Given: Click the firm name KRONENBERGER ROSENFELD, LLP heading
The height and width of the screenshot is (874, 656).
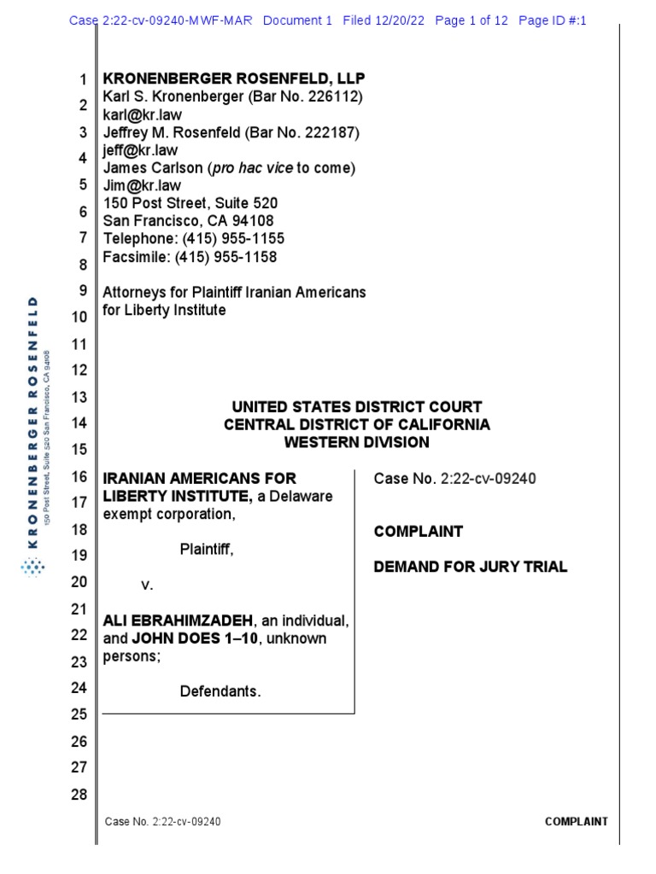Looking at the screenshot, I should pyautogui.click(x=234, y=79).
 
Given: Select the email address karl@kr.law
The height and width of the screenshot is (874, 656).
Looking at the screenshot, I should pyautogui.click(x=143, y=114).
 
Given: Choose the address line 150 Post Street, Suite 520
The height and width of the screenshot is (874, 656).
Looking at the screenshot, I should pyautogui.click(x=190, y=203).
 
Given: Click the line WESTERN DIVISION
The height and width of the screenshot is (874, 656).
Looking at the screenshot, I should pyautogui.click(x=357, y=442).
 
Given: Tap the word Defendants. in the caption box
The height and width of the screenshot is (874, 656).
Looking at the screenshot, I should pyautogui.click(x=220, y=690).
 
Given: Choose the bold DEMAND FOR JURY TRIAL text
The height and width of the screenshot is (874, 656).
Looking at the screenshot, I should pyautogui.click(x=471, y=567).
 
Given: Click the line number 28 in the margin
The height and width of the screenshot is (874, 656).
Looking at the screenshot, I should pyautogui.click(x=79, y=795).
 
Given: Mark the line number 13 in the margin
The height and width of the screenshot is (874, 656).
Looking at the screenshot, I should pyautogui.click(x=79, y=397).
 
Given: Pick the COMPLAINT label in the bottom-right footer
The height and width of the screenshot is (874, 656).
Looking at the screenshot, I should pyautogui.click(x=577, y=822).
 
